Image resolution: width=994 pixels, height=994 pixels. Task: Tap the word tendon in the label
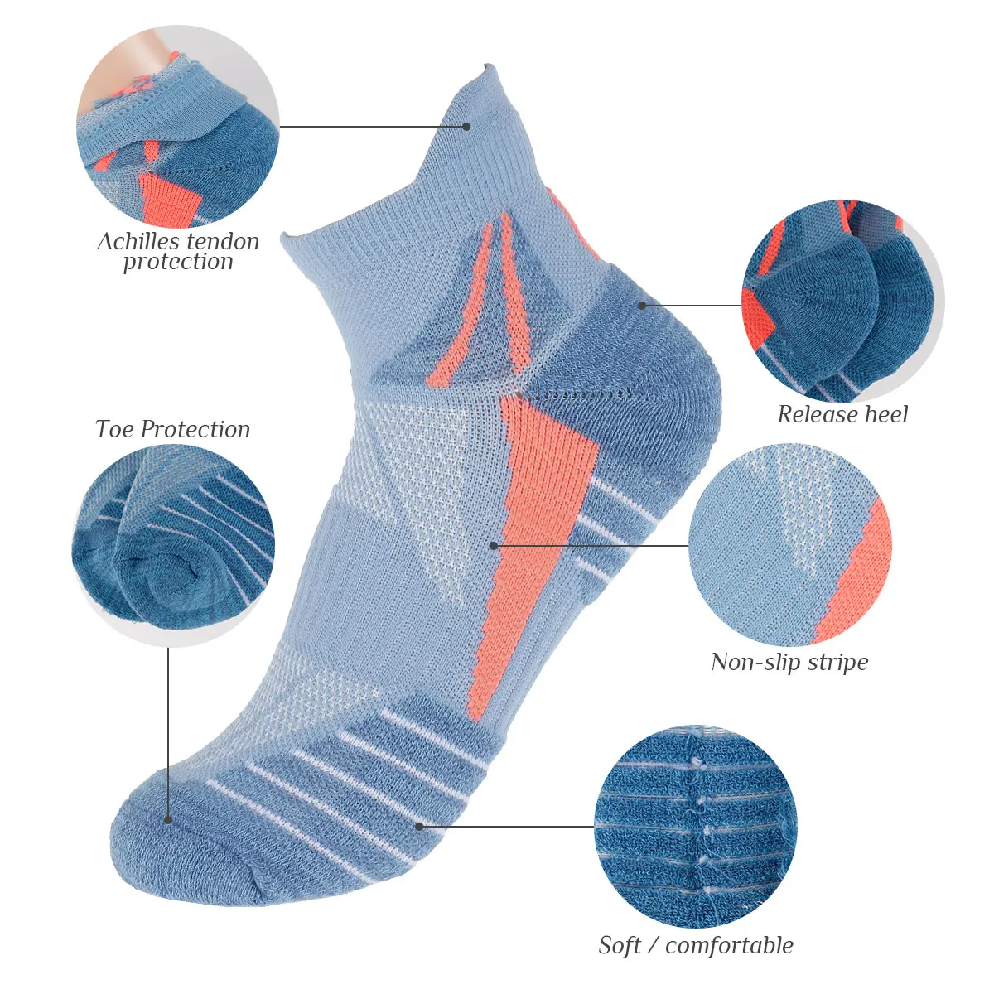(216, 242)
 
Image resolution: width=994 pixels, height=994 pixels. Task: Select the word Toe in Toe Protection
(114, 429)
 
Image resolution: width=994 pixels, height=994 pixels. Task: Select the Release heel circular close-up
(841, 303)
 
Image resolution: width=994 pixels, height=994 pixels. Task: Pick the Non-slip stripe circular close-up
(790, 544)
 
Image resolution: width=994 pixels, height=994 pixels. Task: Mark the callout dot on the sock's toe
(168, 820)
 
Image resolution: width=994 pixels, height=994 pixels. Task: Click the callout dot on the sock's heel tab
(466, 127)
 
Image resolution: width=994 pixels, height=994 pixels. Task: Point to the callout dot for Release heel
(642, 305)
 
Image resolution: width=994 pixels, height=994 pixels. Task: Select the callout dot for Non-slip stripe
(494, 545)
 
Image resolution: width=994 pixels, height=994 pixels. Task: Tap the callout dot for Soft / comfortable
(419, 826)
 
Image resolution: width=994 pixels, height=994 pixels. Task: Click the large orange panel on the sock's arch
(530, 514)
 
